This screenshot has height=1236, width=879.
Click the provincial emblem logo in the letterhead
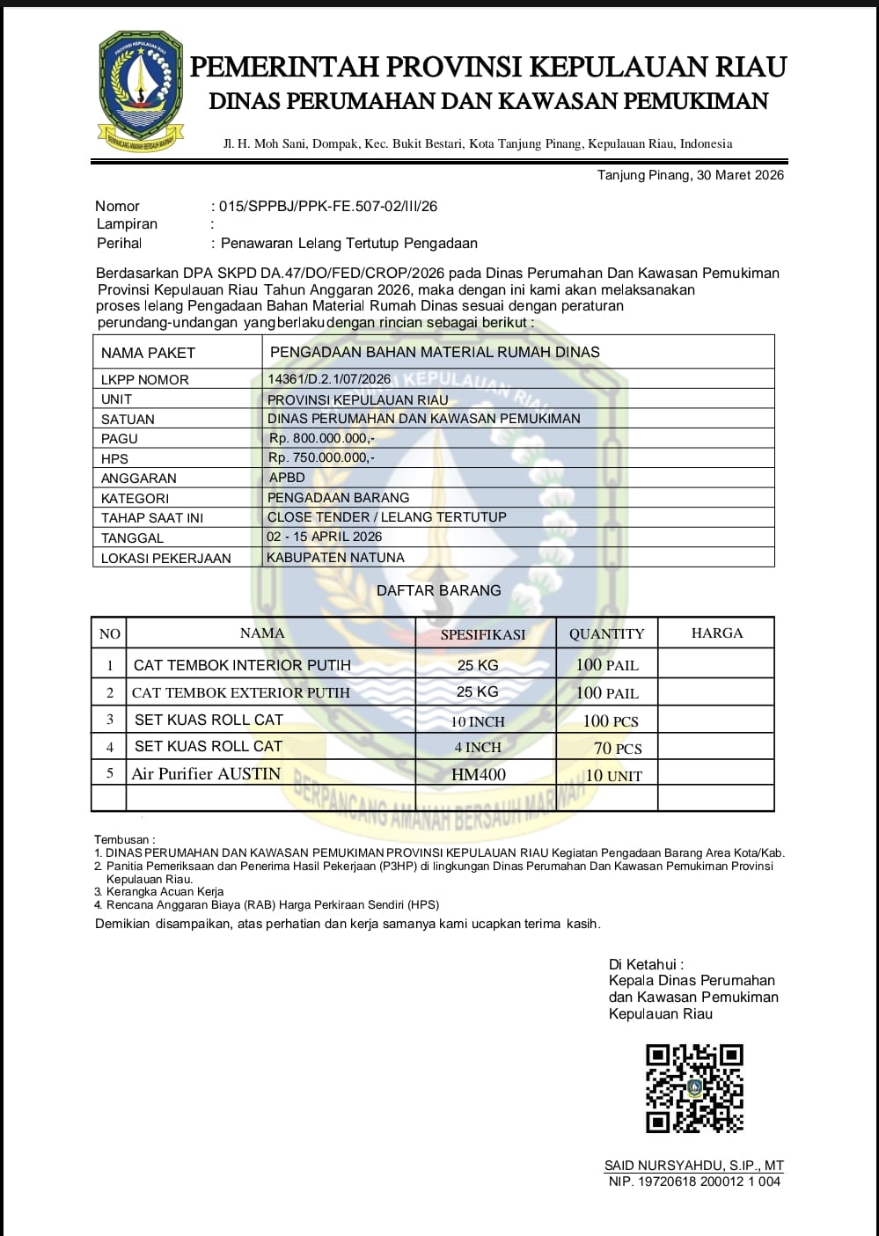pos(140,91)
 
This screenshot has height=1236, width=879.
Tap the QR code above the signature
pos(694,1087)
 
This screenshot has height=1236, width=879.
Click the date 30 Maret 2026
pos(740,175)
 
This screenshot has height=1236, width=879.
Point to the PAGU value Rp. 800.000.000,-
pos(322,438)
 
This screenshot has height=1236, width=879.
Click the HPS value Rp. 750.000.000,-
pos(322,457)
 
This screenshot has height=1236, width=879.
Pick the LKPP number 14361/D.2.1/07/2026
pos(329,379)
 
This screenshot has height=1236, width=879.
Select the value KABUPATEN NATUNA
pos(336,558)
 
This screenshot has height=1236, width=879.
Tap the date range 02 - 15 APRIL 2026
pos(325,537)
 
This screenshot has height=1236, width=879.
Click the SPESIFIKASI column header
pos(483,634)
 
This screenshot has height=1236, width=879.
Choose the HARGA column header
pos(716,633)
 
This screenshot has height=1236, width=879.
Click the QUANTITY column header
pos(606,634)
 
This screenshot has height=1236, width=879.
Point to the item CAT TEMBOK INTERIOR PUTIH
pos(242,665)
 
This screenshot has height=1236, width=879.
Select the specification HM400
pos(479,775)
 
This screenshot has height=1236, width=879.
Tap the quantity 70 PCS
pos(618,749)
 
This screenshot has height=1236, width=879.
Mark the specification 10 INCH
pos(478,721)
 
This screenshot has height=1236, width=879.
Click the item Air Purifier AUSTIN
pos(206,774)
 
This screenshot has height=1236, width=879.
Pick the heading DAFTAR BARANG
pos(438,591)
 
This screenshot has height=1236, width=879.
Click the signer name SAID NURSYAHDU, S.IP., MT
pos(693,1166)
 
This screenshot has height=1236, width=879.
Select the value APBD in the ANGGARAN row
pos(287,478)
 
